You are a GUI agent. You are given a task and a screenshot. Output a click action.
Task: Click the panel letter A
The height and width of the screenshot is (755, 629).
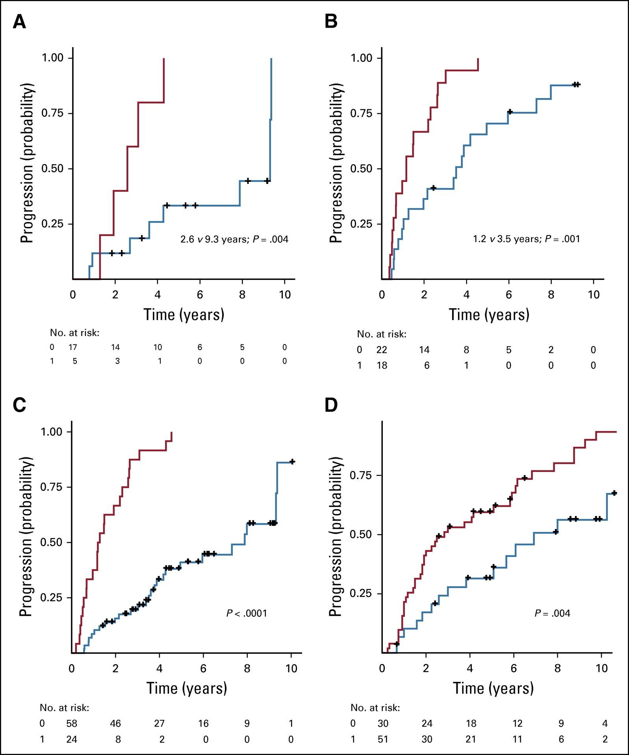[20, 22]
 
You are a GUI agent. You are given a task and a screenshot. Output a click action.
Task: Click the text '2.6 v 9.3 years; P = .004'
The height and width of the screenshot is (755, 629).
[234, 239]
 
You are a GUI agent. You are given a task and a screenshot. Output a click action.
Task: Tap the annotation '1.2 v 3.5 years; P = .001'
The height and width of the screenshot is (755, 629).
[527, 239]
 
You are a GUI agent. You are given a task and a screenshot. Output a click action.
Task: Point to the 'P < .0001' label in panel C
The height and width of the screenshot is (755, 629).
[247, 613]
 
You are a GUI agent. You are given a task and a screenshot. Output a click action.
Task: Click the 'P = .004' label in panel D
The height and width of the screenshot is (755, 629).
[552, 613]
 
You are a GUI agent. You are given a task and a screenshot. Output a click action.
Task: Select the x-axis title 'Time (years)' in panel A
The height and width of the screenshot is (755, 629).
[184, 315]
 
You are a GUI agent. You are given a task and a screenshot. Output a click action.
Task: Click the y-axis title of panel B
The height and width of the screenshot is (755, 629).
[336, 163]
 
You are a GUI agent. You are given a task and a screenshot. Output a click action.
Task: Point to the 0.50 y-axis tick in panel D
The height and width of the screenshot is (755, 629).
[360, 535]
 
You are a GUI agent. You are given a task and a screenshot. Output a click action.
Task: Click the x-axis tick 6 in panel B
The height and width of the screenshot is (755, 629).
[509, 295]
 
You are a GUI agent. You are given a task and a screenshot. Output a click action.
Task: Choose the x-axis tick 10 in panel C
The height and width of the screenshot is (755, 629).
[291, 668]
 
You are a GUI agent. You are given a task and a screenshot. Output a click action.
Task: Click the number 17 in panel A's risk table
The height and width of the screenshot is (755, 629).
[72, 347]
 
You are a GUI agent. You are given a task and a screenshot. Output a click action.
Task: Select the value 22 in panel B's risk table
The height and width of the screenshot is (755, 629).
[382, 350]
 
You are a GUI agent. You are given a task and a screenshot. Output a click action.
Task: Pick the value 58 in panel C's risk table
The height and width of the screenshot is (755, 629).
[71, 723]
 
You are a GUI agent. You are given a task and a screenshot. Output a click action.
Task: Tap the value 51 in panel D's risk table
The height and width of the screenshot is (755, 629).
[382, 739]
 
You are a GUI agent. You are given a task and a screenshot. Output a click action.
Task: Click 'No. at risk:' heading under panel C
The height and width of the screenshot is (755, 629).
[65, 708]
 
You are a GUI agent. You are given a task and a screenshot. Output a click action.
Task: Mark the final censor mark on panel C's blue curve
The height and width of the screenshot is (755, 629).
[292, 461]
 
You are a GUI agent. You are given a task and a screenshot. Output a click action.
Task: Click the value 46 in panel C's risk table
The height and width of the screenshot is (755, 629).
[115, 723]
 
